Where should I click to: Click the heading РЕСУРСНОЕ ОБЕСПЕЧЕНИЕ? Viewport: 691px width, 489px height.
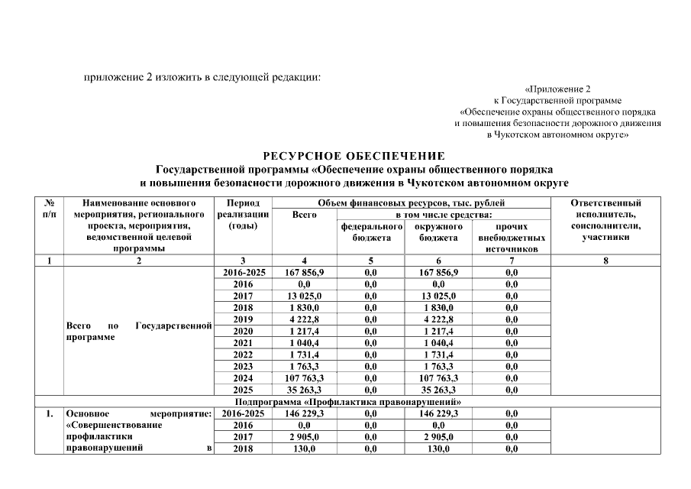pyautogui.click(x=354, y=156)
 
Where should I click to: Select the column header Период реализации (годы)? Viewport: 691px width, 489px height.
pyautogui.click(x=243, y=215)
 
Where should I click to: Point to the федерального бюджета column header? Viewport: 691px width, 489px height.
pyautogui.click(x=371, y=232)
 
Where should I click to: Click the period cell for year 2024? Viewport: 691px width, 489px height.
pyautogui.click(x=243, y=377)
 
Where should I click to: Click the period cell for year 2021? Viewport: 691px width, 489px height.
pyautogui.click(x=243, y=342)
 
